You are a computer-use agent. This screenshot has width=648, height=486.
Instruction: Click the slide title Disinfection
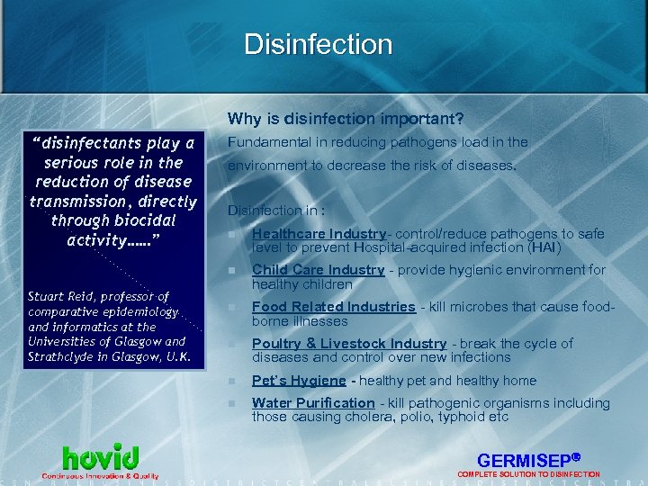click(x=318, y=44)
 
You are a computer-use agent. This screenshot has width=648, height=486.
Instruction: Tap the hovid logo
click(x=100, y=456)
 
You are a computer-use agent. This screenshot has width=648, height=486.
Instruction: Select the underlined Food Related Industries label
click(x=333, y=307)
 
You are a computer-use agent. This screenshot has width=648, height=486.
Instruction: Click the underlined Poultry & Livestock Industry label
click(x=349, y=344)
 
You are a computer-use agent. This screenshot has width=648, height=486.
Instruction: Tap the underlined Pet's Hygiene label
click(x=299, y=381)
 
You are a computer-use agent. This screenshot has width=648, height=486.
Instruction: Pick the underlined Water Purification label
click(x=313, y=403)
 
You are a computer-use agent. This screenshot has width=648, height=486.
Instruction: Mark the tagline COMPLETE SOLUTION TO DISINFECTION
click(x=528, y=474)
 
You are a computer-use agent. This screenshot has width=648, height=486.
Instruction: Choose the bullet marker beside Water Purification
click(x=233, y=403)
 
